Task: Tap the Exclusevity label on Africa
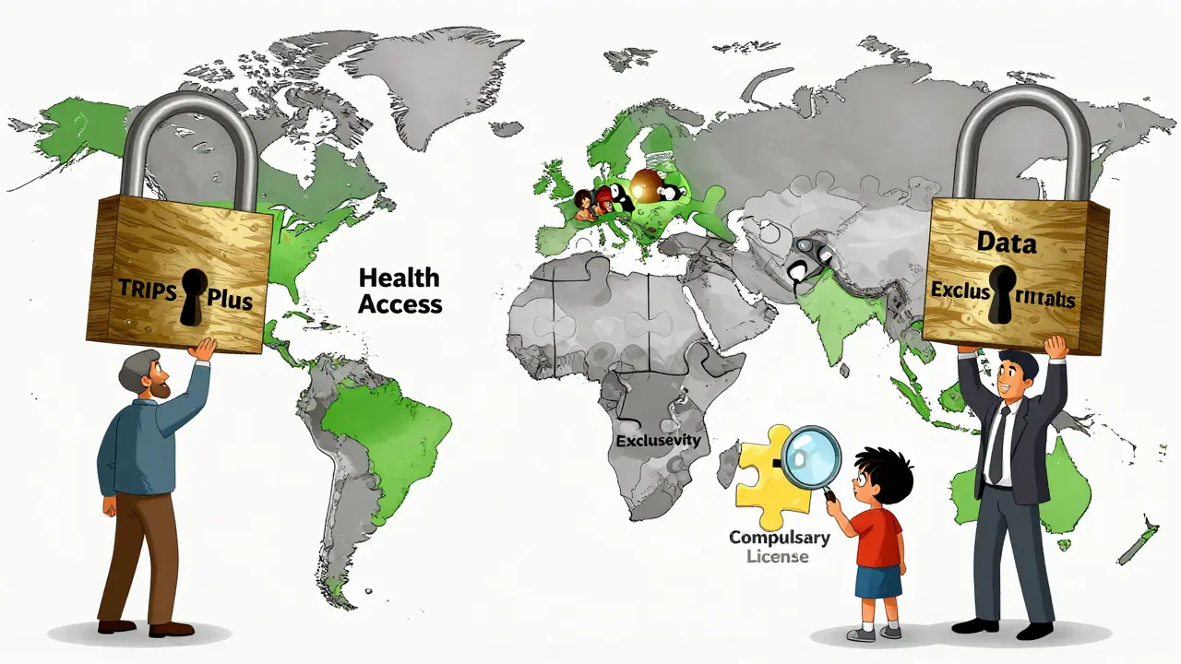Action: coord(657,440)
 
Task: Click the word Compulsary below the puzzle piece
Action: coord(780,538)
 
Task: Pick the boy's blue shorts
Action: coord(877,581)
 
